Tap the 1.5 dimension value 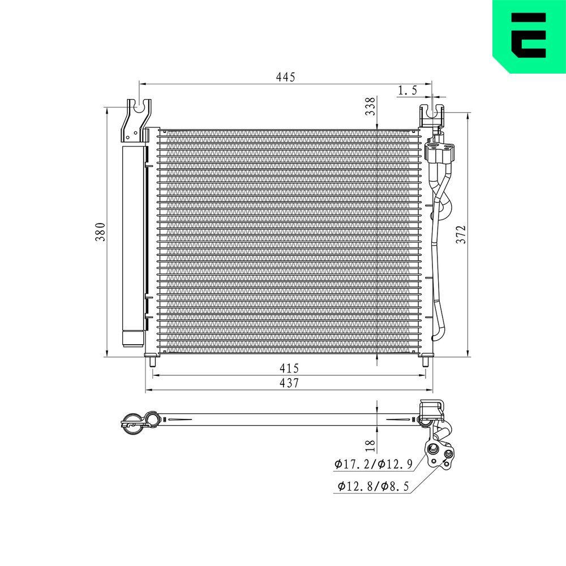pyautogui.click(x=408, y=90)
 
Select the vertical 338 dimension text pyautogui.click(x=370, y=106)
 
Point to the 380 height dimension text pyautogui.click(x=101, y=232)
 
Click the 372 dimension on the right pyautogui.click(x=461, y=234)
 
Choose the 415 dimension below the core pyautogui.click(x=289, y=368)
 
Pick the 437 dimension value pyautogui.click(x=289, y=383)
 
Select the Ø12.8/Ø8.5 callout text pyautogui.click(x=374, y=486)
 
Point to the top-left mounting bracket pyautogui.click(x=136, y=120)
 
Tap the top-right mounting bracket pyautogui.click(x=431, y=115)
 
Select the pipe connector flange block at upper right pyautogui.click(x=440, y=152)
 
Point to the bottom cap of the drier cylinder pyautogui.click(x=134, y=338)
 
